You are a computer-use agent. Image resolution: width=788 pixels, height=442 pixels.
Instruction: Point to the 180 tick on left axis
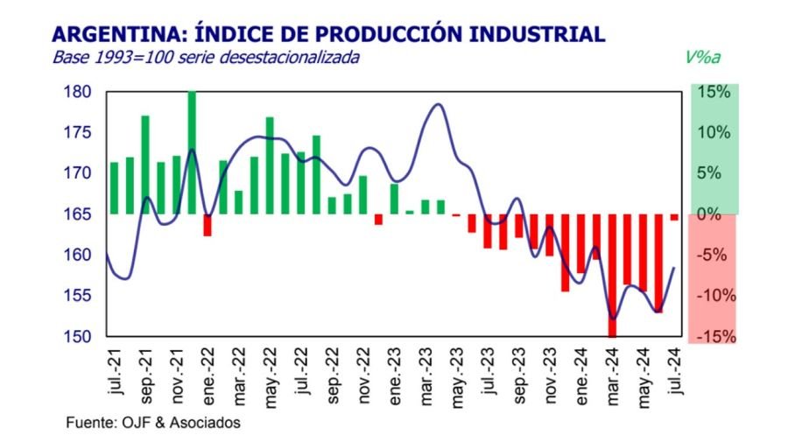click(x=77, y=92)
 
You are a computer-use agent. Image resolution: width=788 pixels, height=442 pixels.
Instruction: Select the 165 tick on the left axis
click(x=77, y=214)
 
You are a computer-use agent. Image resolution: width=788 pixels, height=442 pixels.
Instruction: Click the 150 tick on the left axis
click(x=77, y=337)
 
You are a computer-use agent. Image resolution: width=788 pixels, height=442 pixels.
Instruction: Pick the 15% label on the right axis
click(x=714, y=92)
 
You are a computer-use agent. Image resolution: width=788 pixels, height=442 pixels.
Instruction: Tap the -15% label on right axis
click(x=714, y=337)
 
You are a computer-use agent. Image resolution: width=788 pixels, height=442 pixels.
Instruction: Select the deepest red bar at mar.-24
click(x=612, y=275)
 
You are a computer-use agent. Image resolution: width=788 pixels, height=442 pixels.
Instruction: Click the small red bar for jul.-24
click(x=674, y=217)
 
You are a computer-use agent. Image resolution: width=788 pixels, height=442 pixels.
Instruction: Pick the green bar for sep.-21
click(x=145, y=165)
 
